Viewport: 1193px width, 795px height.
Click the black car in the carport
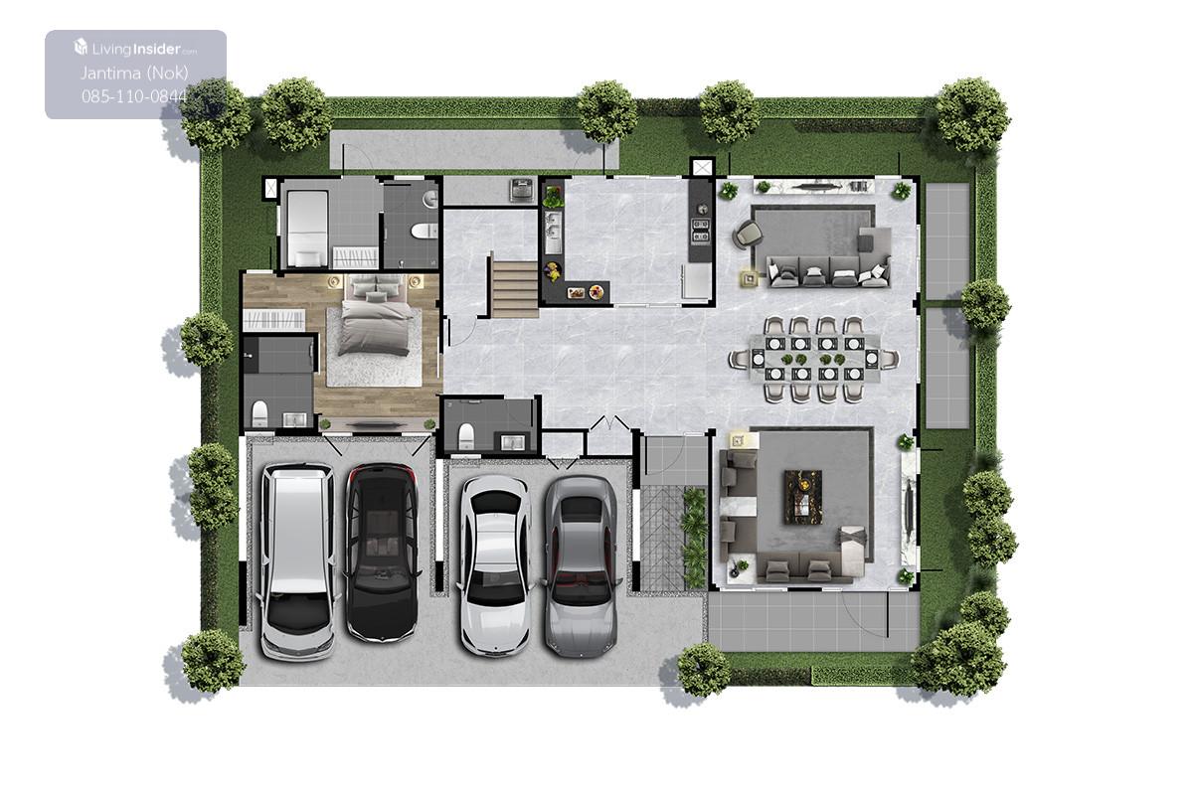click(382, 553)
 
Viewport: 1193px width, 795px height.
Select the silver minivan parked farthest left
click(297, 561)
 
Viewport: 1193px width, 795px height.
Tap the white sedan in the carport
click(495, 565)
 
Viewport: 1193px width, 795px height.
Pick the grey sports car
click(581, 566)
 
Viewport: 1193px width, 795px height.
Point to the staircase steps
click(515, 289)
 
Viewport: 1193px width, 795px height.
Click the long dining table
click(815, 359)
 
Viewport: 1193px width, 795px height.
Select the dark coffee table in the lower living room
click(803, 497)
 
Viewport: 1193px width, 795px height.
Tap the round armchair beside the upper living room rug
click(748, 234)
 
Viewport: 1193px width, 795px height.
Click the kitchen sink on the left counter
click(553, 234)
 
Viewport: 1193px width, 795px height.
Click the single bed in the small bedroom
click(307, 229)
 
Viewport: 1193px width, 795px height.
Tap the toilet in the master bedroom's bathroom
click(259, 413)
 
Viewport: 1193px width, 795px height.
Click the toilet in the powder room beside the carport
click(466, 436)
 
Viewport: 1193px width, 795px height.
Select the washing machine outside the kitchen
click(521, 191)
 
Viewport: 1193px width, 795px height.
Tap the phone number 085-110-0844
click(134, 96)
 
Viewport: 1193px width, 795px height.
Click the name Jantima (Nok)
click(134, 73)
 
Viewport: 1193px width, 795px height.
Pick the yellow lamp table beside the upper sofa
click(750, 278)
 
